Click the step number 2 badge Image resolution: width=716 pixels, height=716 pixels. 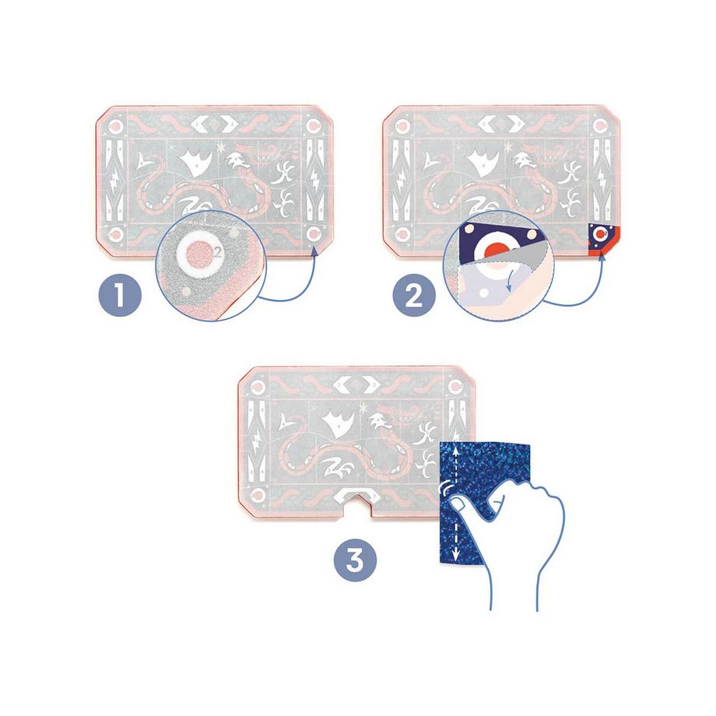[x=414, y=297]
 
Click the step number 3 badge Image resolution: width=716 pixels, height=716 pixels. [x=355, y=560]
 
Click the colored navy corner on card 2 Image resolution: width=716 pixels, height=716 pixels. [x=604, y=237]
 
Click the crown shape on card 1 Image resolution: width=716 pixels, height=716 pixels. [x=197, y=161]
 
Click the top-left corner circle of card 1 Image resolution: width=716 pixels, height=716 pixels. [x=116, y=126]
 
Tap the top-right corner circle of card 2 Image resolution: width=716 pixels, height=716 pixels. [x=600, y=126]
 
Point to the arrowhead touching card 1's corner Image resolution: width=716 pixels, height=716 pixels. [x=314, y=251]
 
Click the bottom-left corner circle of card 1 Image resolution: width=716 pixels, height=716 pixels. [x=116, y=234]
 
